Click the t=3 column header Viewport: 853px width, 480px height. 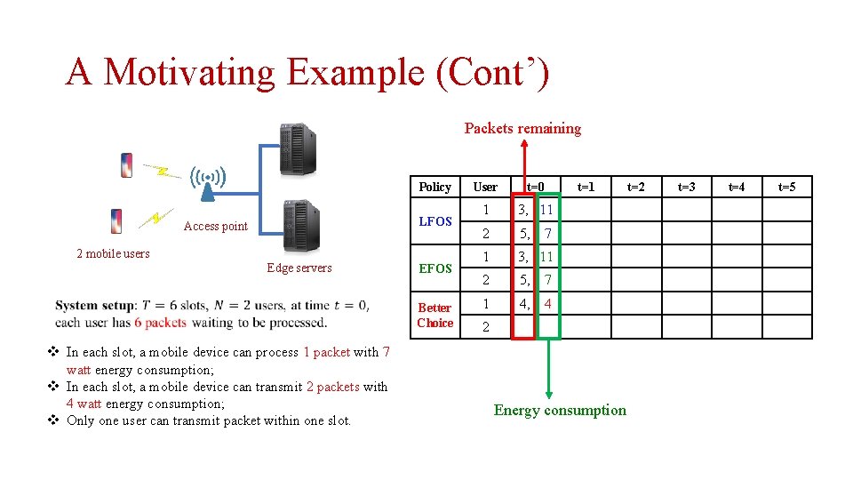point(687,187)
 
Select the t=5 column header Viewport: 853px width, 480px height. point(787,187)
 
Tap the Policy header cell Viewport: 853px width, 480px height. point(434,187)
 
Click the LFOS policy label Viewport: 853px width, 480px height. point(434,221)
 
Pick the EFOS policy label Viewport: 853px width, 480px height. point(434,268)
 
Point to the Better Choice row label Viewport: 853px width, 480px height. point(434,316)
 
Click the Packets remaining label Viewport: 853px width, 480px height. point(522,128)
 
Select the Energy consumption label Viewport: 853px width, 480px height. point(560,410)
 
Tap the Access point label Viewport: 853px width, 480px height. point(215,226)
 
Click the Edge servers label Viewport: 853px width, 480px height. point(299,268)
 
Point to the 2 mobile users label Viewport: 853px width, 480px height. point(113,253)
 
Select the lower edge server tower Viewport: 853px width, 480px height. point(300,226)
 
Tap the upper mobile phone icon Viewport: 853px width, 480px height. point(127,165)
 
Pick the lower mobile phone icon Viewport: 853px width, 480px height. point(116,220)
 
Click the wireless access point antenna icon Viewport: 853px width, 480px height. point(207,180)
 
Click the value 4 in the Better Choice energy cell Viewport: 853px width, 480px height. point(548,304)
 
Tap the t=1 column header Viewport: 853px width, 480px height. point(586,187)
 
